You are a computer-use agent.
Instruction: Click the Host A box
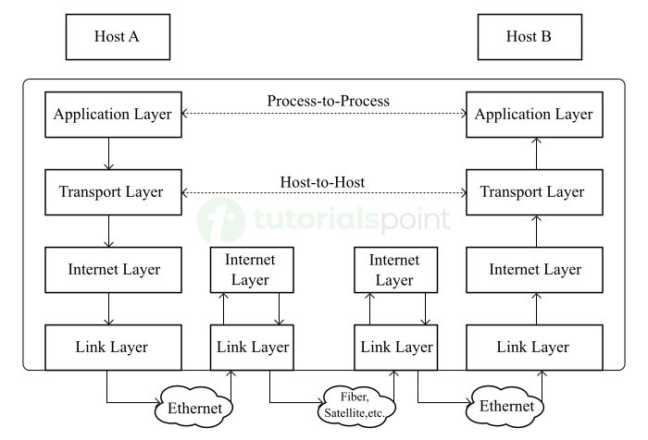pos(116,38)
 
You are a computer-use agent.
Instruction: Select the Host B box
pos(529,38)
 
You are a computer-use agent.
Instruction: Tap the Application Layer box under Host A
pos(112,116)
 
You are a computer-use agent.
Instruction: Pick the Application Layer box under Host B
pos(534,116)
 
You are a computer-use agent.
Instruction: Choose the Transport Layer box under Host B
pos(534,192)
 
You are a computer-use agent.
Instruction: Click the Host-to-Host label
pos(323,183)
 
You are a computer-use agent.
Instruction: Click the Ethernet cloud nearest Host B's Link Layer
pos(505,406)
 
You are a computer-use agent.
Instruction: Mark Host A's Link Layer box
pos(112,348)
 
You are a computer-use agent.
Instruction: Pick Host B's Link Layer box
pos(533,348)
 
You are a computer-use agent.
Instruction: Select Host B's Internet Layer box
pos(534,270)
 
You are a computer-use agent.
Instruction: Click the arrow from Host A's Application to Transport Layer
pos(109,153)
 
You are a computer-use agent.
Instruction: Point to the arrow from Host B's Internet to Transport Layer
pos(534,231)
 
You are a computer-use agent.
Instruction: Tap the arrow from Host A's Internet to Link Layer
pos(109,309)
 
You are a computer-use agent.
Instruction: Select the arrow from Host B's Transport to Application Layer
pos(534,153)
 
